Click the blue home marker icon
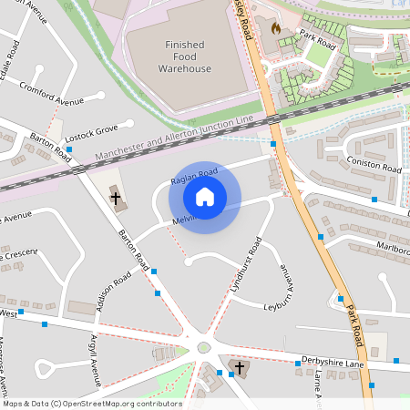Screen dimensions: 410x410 (x=205, y=197)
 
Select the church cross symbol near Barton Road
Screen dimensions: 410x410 (x=116, y=197)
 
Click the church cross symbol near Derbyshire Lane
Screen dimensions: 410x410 (x=240, y=367)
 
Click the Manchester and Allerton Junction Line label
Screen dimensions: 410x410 (x=173, y=138)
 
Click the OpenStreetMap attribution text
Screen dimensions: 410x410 (x=91, y=404)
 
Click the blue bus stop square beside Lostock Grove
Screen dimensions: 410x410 (x=69, y=149)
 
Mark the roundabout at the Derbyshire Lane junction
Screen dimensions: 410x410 (x=203, y=347)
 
